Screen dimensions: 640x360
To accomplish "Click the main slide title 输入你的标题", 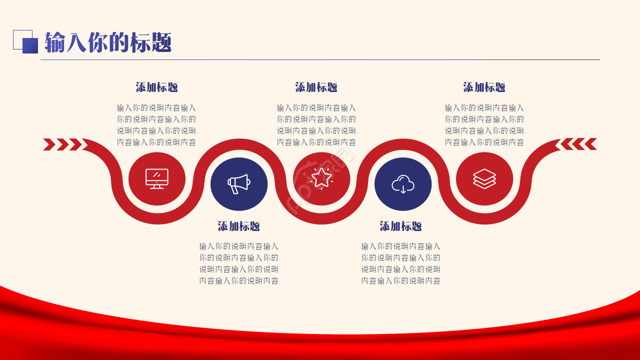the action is [108, 42].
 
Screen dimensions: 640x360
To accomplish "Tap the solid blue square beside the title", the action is [30, 45].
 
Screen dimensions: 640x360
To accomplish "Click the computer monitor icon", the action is [157, 179].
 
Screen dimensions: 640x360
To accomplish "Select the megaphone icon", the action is [239, 184].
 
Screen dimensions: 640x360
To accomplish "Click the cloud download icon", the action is [403, 184].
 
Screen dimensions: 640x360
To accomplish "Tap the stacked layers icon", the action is [484, 179].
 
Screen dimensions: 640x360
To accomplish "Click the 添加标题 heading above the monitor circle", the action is [157, 87].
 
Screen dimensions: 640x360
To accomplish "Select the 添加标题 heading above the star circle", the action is [316, 87].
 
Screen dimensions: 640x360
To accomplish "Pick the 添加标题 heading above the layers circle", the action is [484, 87].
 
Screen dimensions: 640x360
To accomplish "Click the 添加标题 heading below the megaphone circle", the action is [239, 226].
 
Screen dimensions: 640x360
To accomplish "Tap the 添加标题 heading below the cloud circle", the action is [401, 226].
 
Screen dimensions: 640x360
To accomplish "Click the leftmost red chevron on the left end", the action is [49, 144].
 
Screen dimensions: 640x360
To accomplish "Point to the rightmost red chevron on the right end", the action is [591, 144].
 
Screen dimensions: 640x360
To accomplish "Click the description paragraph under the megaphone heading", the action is [239, 263].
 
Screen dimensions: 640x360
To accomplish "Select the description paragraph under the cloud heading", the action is [401, 263].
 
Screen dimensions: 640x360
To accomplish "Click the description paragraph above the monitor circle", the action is [156, 125].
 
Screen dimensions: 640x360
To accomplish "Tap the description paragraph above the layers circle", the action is [484, 125].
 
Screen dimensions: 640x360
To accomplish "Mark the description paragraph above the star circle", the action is [316, 125].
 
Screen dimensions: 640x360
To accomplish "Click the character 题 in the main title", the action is [161, 42].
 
